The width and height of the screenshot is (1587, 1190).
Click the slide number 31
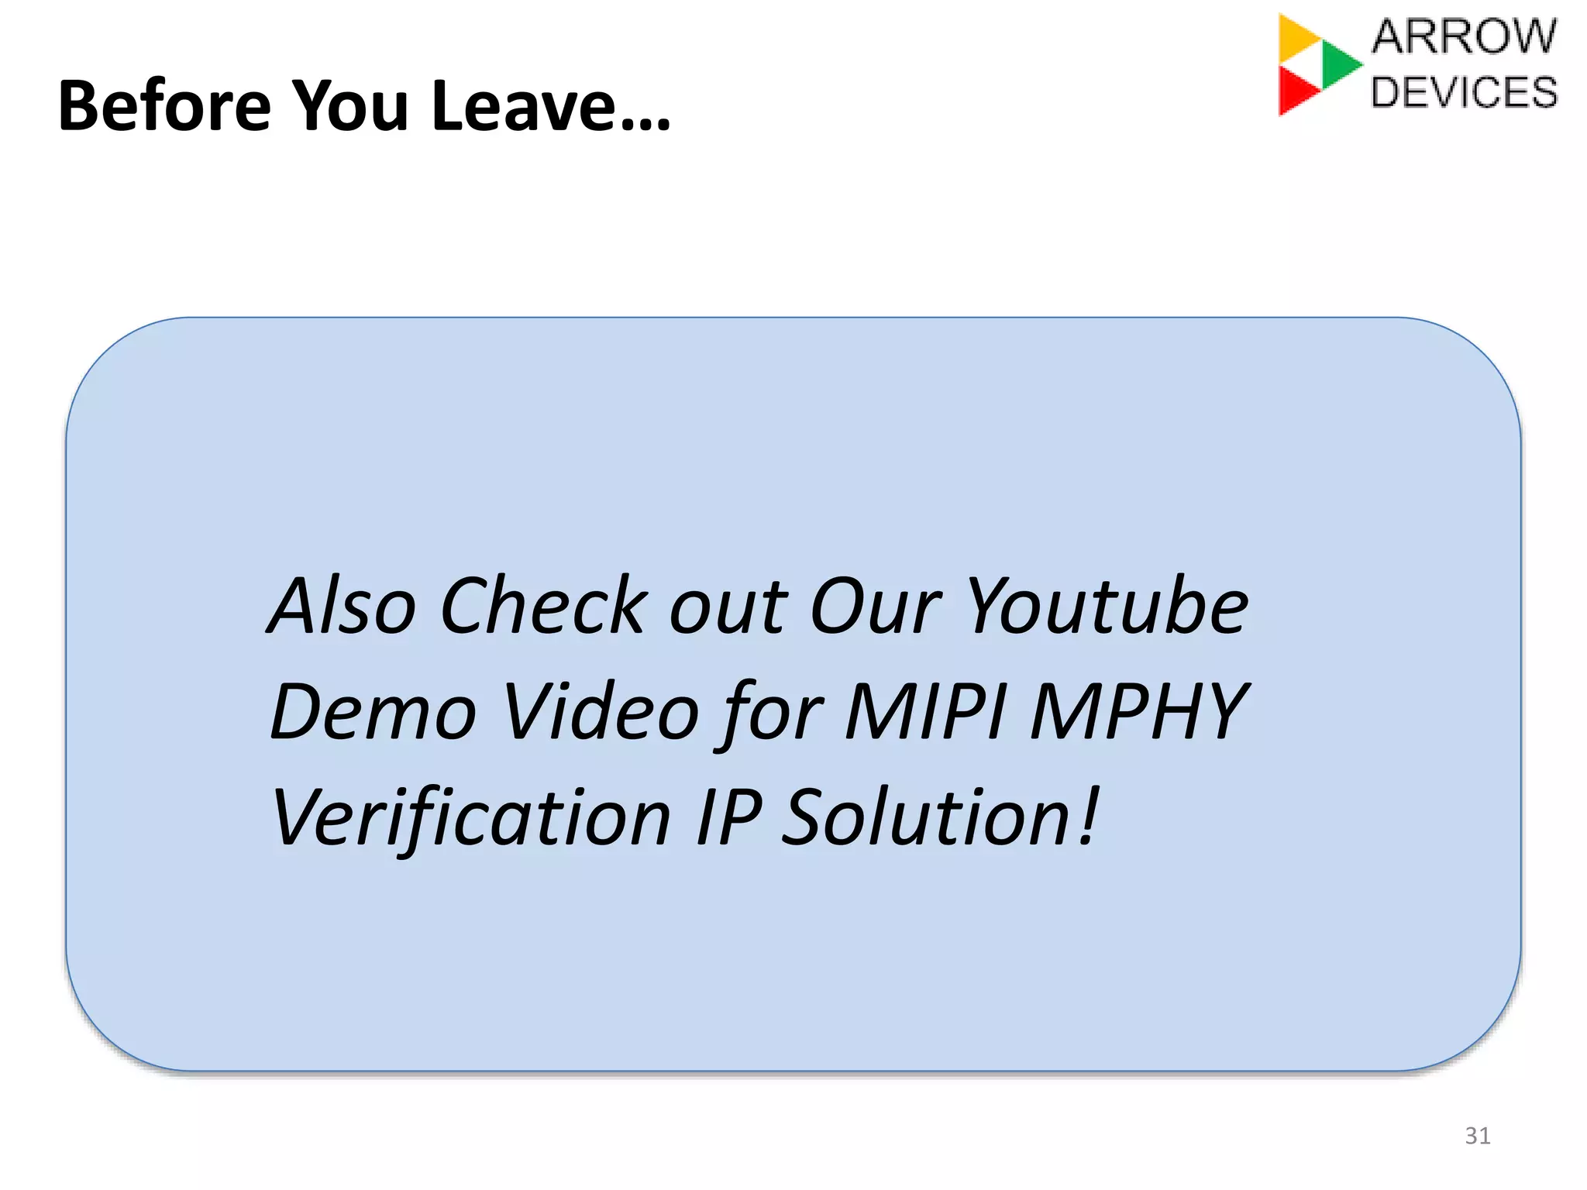pyautogui.click(x=1477, y=1136)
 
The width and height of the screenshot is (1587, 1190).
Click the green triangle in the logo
pyautogui.click(x=1338, y=64)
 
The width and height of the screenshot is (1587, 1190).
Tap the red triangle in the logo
pyautogui.click(x=1296, y=90)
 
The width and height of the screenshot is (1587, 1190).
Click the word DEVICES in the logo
pyautogui.click(x=1464, y=92)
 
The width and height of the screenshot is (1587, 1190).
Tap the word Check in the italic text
pyautogui.click(x=542, y=606)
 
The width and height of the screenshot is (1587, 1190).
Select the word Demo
pyautogui.click(x=373, y=711)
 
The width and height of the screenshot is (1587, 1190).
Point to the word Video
pyautogui.click(x=601, y=711)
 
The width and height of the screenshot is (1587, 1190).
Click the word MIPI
pyautogui.click(x=925, y=711)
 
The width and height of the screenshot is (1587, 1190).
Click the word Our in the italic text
pyautogui.click(x=876, y=606)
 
